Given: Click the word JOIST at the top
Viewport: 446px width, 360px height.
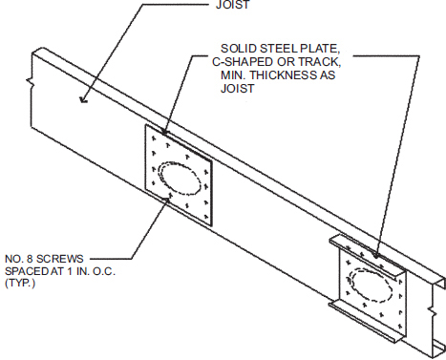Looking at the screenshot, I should [x=223, y=6].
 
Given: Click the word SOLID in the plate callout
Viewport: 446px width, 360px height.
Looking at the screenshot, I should [x=239, y=47].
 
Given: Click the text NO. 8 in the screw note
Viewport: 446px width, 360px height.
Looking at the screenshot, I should [x=19, y=258].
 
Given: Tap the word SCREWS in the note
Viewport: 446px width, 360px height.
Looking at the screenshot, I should [x=56, y=258].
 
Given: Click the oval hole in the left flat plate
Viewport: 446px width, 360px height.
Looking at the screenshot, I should [x=179, y=179].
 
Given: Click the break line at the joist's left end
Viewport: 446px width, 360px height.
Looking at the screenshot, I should [x=33, y=84].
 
